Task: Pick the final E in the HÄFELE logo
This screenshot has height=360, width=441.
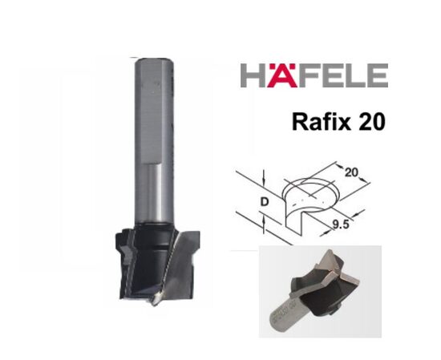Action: [377, 77]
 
